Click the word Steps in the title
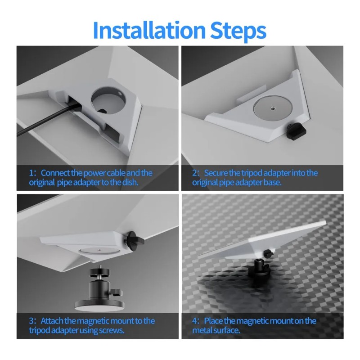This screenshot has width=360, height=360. [238, 31]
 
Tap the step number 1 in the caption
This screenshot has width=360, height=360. [31, 173]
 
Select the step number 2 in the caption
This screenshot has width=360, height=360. [195, 173]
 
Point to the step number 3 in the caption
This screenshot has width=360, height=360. [31, 321]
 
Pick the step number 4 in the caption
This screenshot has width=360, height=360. [195, 321]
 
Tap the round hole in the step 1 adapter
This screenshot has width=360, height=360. [108, 100]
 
